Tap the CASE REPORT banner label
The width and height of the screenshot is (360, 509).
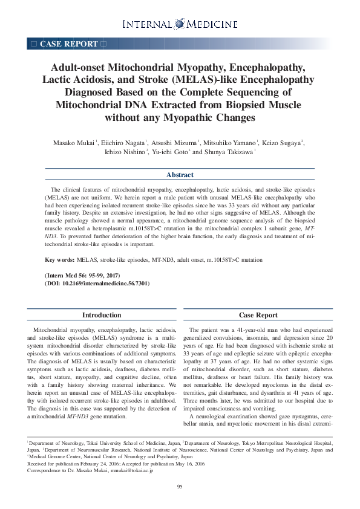[68, 44]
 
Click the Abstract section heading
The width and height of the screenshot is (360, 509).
[180, 175]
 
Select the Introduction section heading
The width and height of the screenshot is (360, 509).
[102, 315]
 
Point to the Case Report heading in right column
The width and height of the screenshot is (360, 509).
[258, 315]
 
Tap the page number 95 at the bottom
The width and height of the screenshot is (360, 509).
[180, 487]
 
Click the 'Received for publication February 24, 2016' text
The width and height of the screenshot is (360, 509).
[73, 464]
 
